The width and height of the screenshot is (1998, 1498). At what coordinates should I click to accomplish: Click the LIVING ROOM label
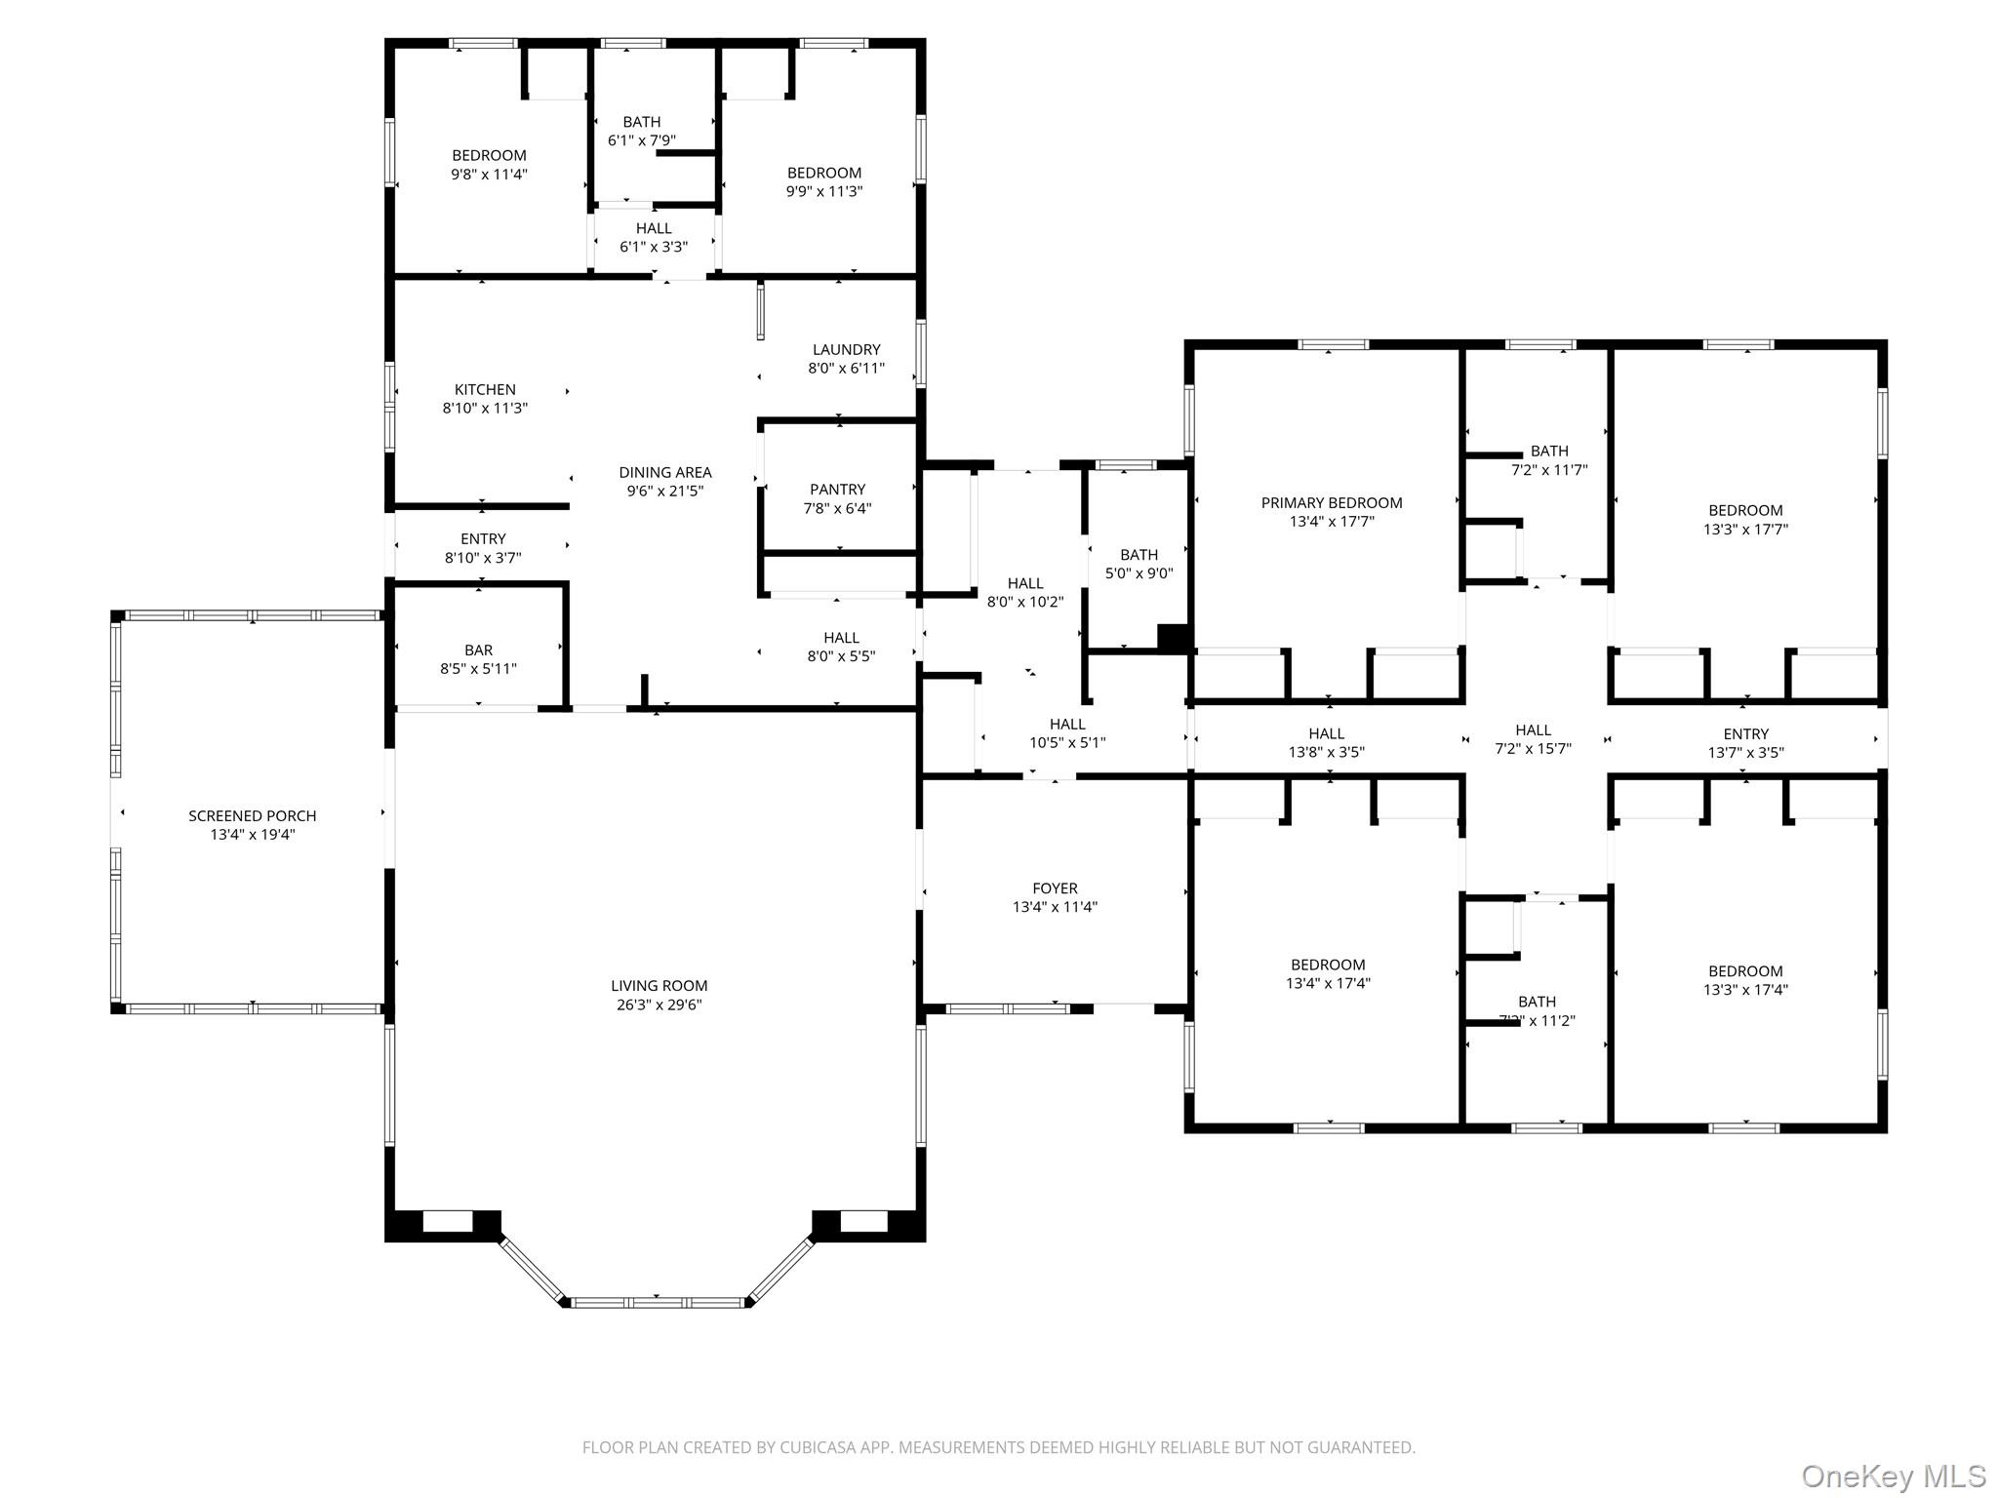pos(659,986)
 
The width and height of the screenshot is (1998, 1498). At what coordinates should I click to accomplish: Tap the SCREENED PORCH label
pos(253,815)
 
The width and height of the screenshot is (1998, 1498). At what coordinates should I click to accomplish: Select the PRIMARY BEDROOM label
pos(1332,503)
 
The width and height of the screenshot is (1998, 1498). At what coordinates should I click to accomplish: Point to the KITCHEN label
pos(485,389)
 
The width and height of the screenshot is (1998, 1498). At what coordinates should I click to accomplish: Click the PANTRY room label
pos(837,490)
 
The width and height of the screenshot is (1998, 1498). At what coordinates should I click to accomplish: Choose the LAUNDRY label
pos(847,349)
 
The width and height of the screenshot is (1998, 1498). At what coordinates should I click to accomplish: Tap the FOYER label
pos(1056,888)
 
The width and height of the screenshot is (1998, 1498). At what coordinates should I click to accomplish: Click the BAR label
pos(478,650)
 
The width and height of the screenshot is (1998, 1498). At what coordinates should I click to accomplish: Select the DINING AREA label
pos(665,473)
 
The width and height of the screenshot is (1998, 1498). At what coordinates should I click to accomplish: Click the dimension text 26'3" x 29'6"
pos(659,1005)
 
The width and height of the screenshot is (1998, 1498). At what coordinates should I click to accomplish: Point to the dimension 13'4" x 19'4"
pos(253,835)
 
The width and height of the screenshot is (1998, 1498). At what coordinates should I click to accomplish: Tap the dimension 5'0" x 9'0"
pos(1139,573)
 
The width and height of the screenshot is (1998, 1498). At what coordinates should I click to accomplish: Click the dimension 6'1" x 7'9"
pos(642,140)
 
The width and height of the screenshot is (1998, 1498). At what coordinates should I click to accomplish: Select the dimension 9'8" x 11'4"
pos(490,175)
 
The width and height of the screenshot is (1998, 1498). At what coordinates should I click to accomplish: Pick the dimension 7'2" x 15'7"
pos(1534,749)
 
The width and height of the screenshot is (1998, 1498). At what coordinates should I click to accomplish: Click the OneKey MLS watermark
pos(1894,1477)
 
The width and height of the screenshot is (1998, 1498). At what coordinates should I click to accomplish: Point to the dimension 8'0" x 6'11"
pos(847,369)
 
